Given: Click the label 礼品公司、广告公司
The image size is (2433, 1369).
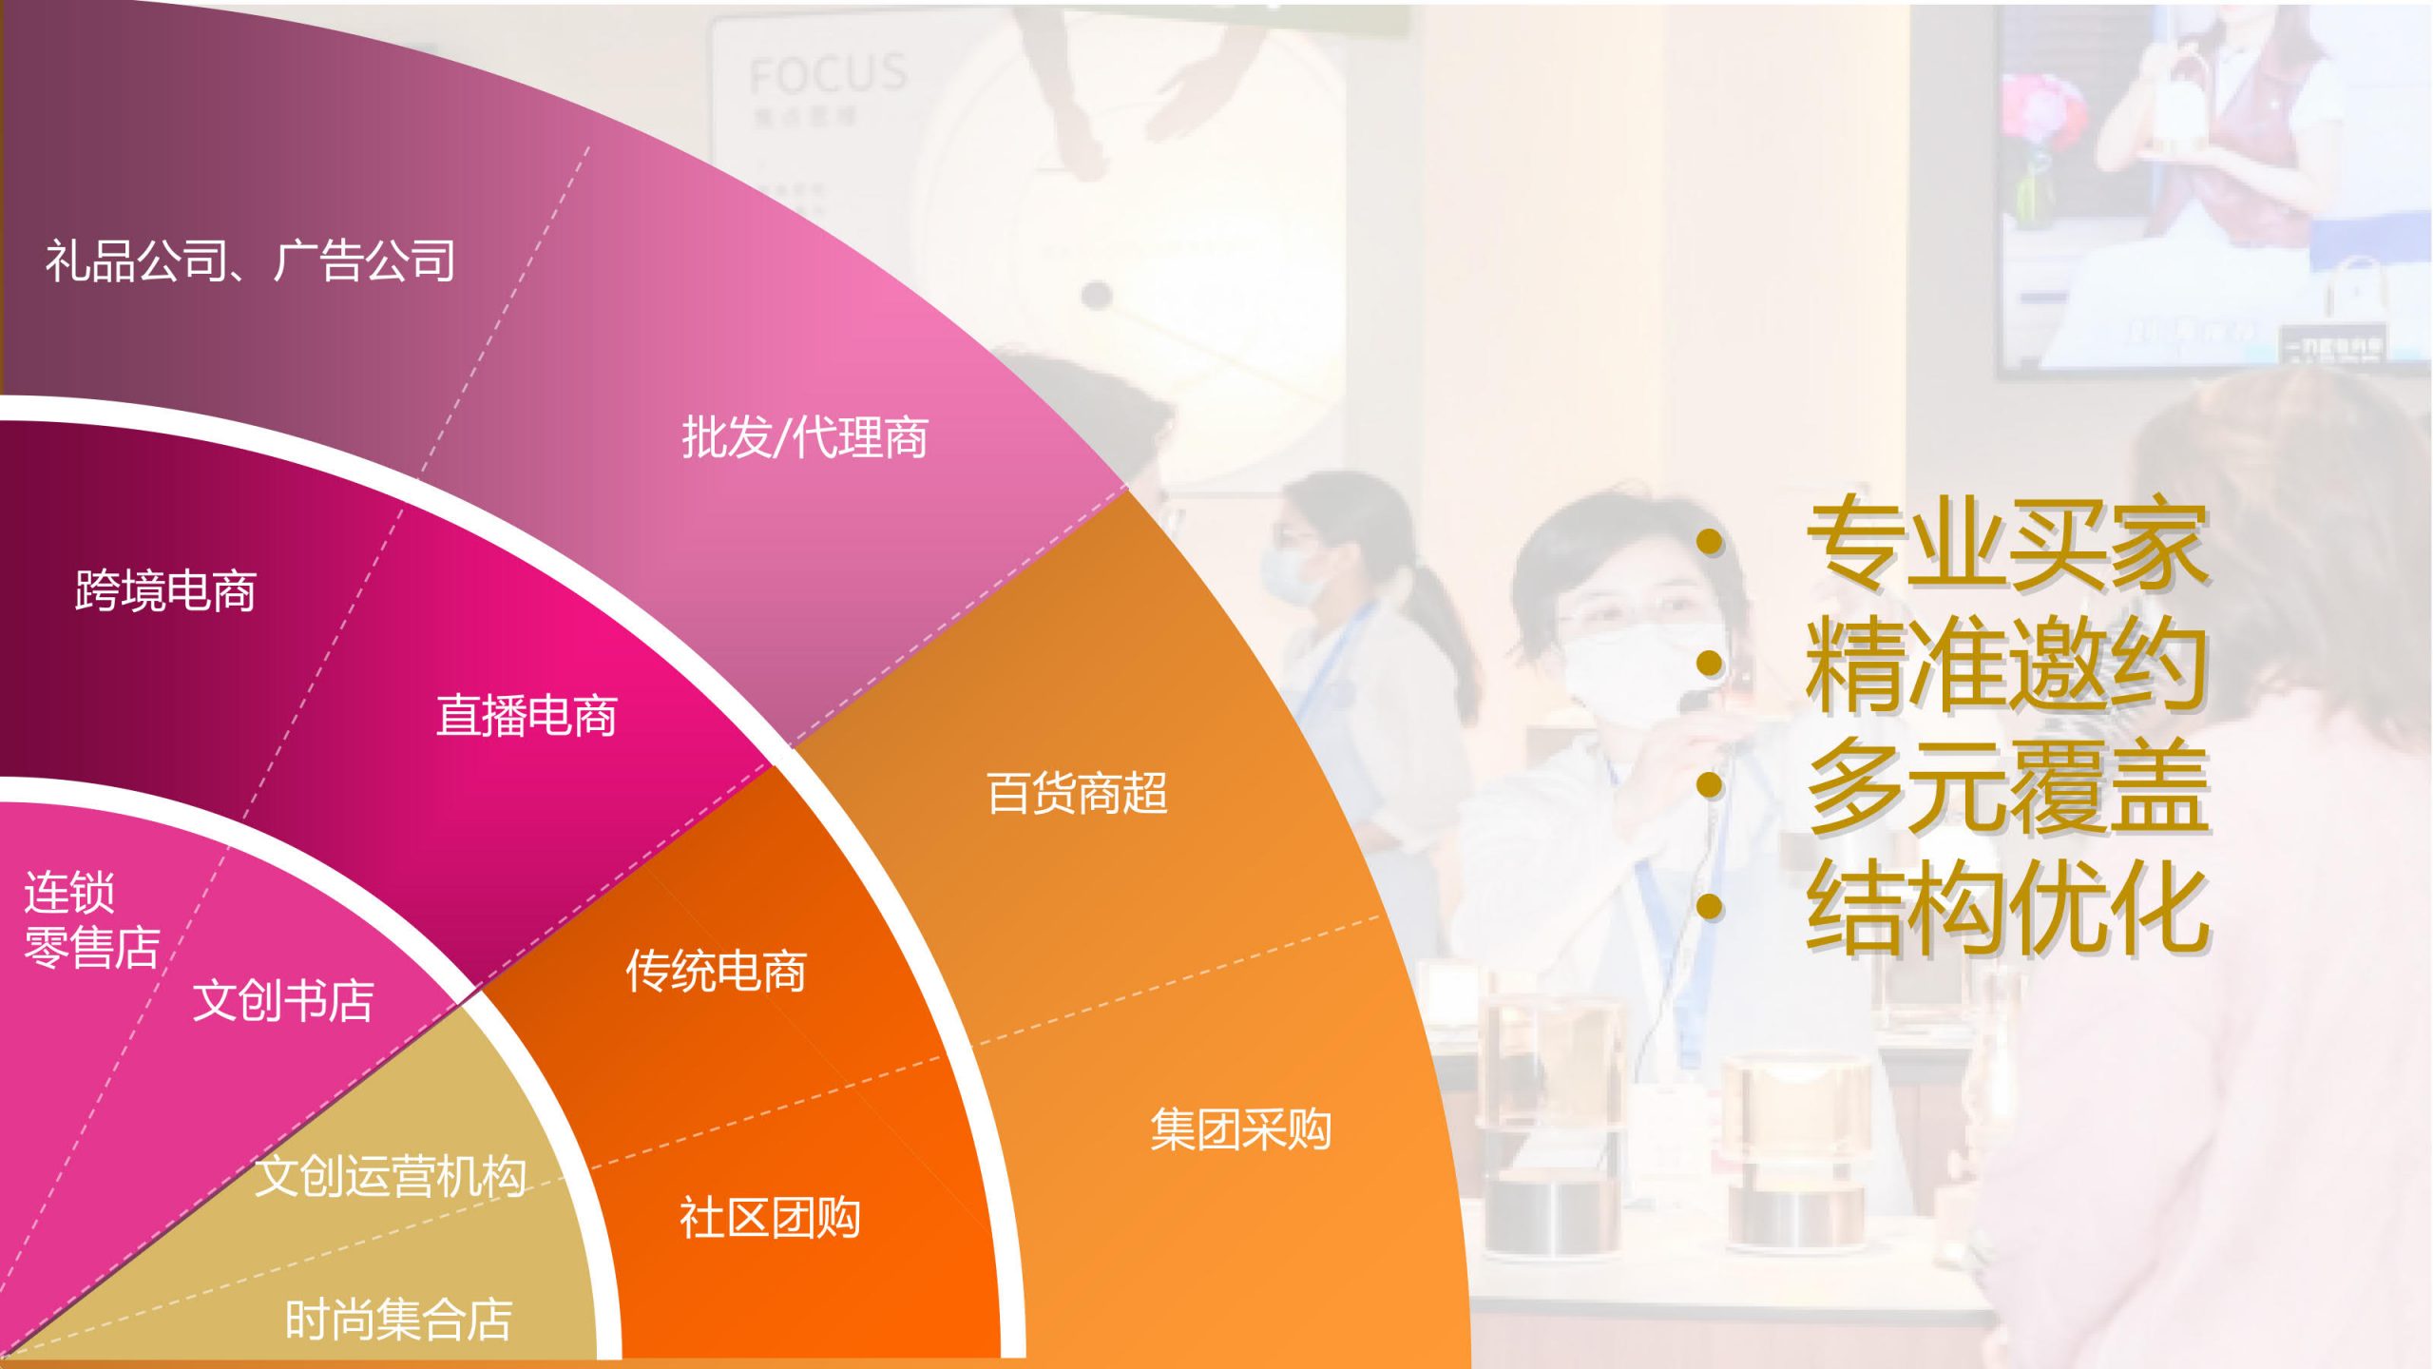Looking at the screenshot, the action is pyautogui.click(x=251, y=260).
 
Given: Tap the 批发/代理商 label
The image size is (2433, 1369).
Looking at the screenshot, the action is pyautogui.click(x=805, y=438).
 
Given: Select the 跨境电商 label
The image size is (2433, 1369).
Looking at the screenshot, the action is pyautogui.click(x=165, y=590).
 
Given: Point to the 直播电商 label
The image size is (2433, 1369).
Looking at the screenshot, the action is pyautogui.click(x=527, y=715).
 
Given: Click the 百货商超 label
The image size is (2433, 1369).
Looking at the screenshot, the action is pyautogui.click(x=1077, y=793).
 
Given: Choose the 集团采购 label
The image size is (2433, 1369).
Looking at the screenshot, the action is pyautogui.click(x=1240, y=1129).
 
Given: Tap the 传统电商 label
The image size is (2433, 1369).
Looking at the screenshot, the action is pyautogui.click(x=716, y=971).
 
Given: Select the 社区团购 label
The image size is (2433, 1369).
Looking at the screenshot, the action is pyautogui.click(x=770, y=1218).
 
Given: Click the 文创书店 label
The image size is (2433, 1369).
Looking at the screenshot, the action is pyautogui.click(x=283, y=1000).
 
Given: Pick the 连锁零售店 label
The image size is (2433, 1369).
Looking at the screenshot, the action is pyautogui.click(x=92, y=919).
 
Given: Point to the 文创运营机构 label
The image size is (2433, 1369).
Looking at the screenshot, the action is pyautogui.click(x=391, y=1176).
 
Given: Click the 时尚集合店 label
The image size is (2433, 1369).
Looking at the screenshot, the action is pyautogui.click(x=399, y=1320).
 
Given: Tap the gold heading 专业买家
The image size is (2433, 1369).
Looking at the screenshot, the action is pyautogui.click(x=2007, y=543).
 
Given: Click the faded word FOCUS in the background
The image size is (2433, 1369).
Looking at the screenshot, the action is pyautogui.click(x=828, y=73).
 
